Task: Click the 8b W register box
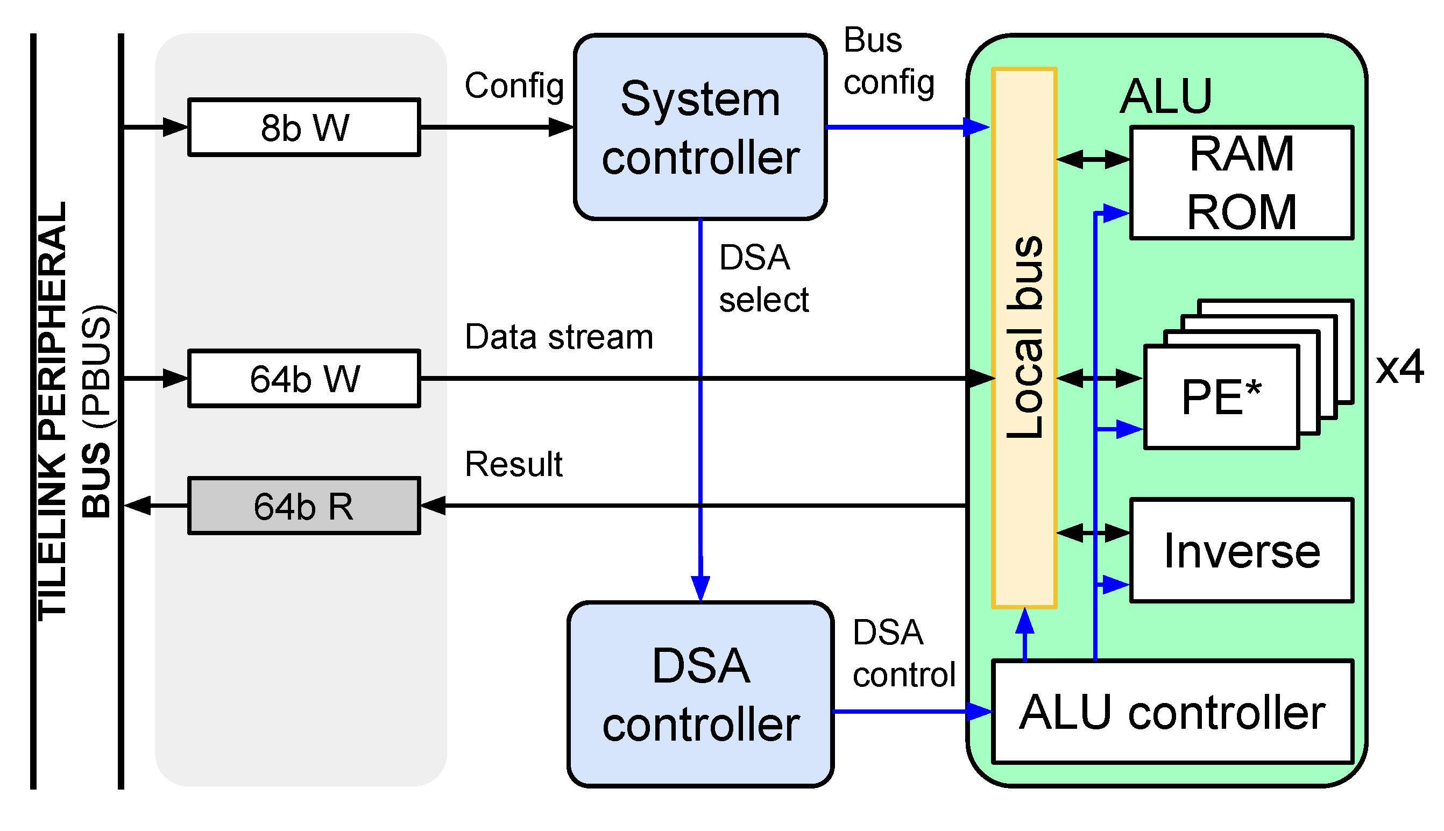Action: click(303, 127)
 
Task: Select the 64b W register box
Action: click(303, 379)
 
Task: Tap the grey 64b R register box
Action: click(303, 506)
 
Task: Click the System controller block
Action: click(700, 127)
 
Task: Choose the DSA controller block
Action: click(700, 694)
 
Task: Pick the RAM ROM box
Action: click(1241, 183)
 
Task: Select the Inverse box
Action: click(1241, 550)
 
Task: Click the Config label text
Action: click(514, 86)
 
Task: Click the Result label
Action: click(513, 464)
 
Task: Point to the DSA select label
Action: click(762, 279)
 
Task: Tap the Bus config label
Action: click(888, 62)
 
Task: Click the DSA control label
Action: click(903, 654)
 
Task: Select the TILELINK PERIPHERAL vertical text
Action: click(53, 411)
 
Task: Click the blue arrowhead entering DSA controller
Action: click(700, 588)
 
